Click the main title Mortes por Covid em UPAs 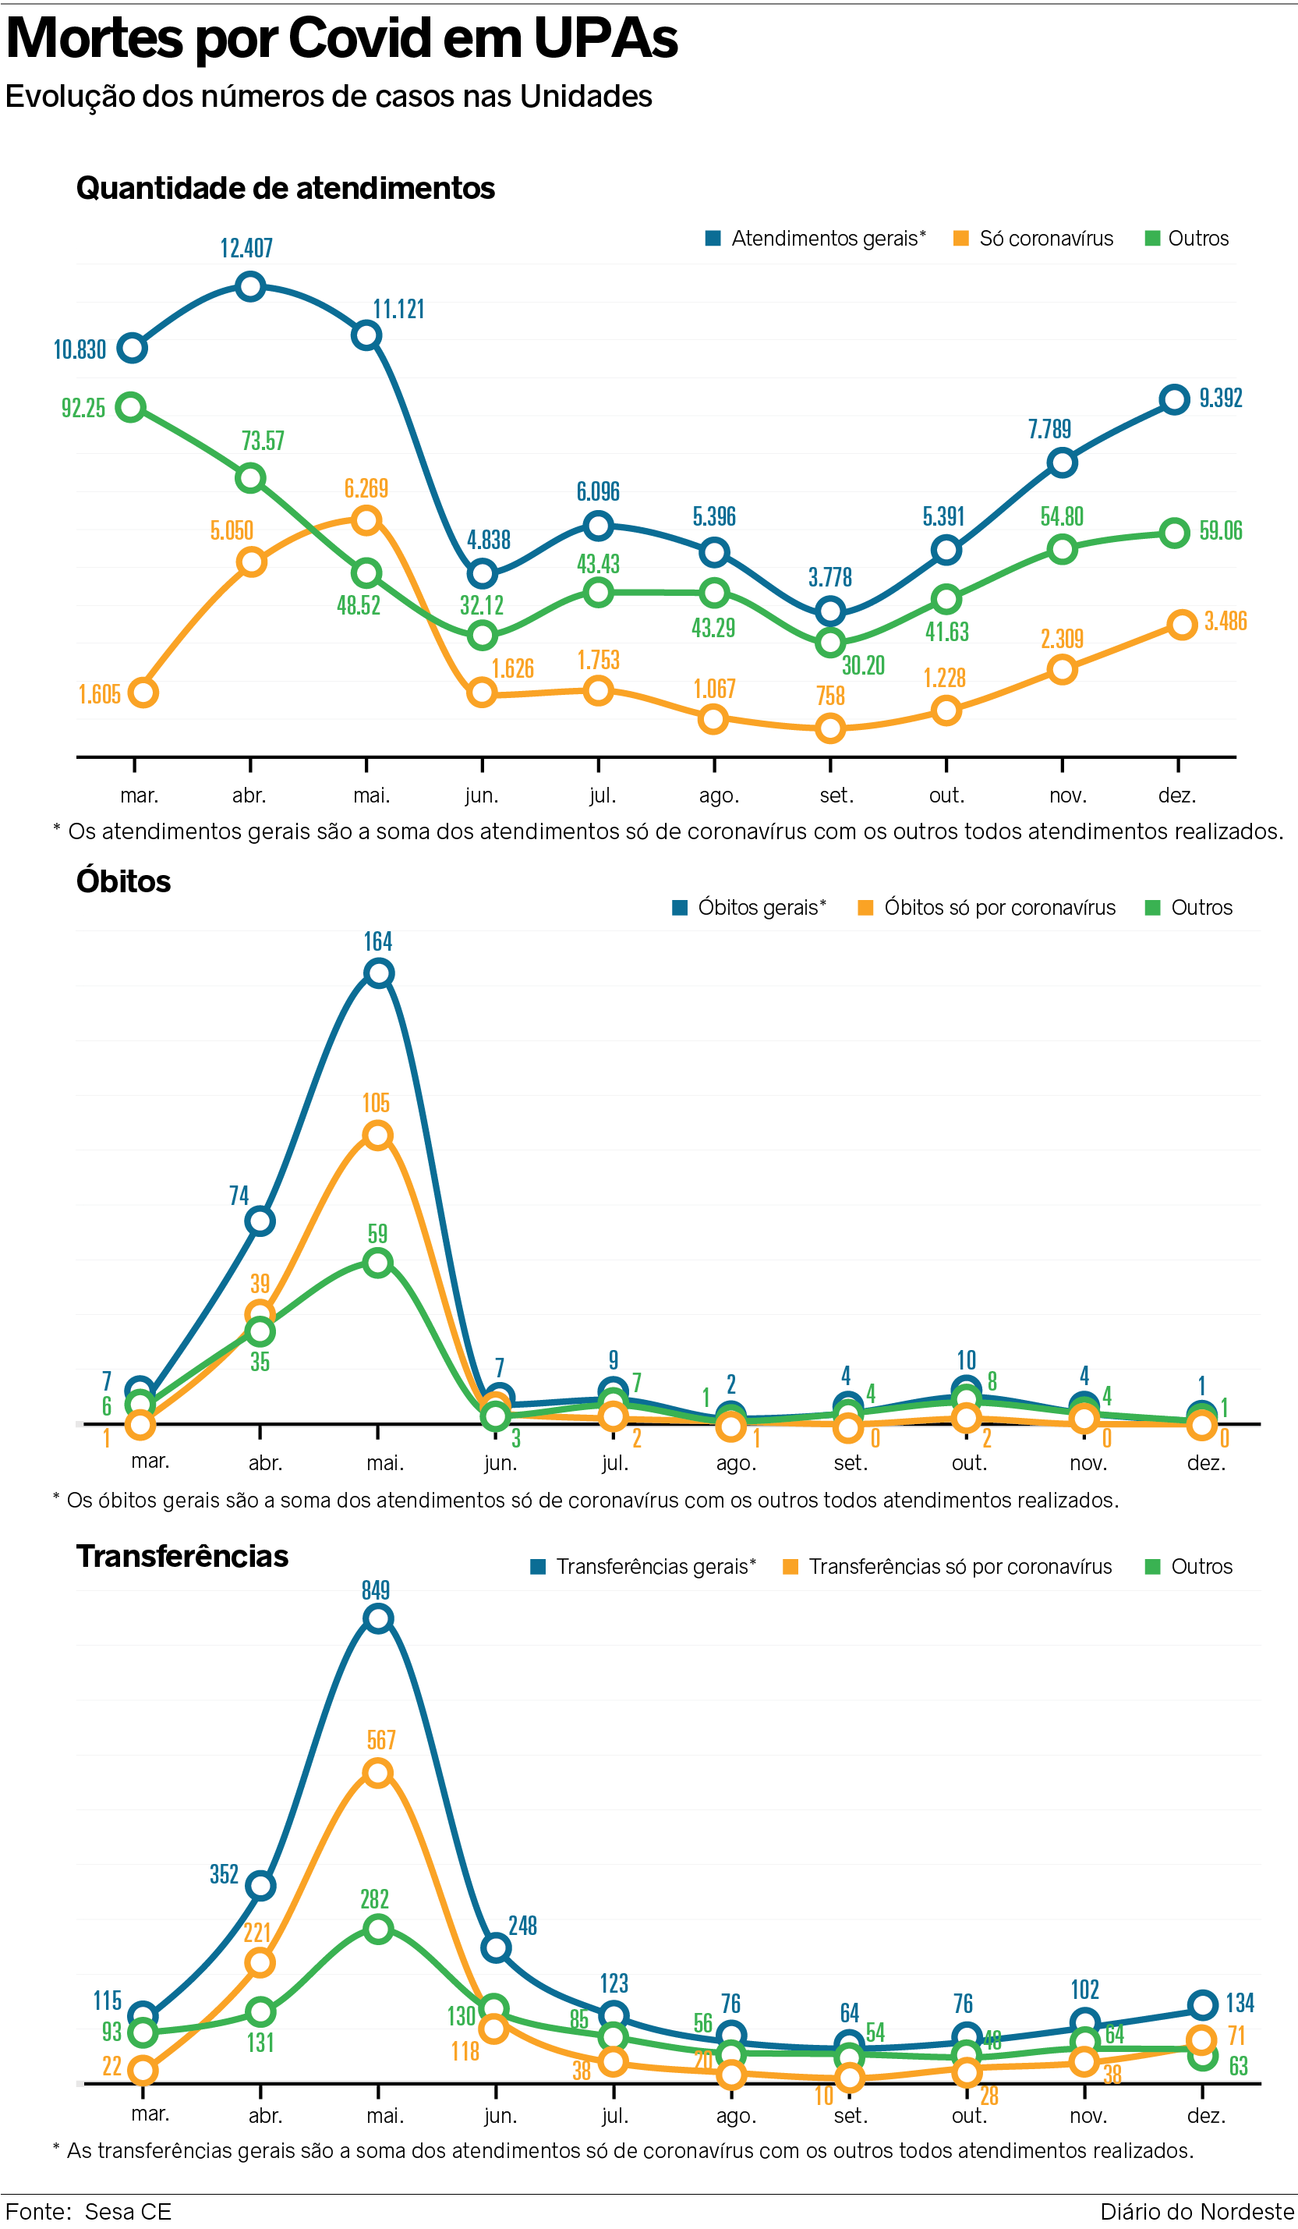[341, 39]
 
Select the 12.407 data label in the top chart [246, 249]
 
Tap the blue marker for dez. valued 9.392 [1174, 399]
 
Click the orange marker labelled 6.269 [366, 520]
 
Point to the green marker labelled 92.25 [132, 408]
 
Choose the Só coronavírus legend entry [1034, 239]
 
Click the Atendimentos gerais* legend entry [815, 239]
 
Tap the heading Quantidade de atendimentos [285, 189]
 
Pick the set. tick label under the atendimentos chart [836, 796]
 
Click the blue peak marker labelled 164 [378, 974]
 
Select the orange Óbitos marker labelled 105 [378, 1136]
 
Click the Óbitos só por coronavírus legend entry [987, 908]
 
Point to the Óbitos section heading [123, 881]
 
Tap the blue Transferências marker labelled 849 [378, 1620]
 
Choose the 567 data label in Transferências [381, 1740]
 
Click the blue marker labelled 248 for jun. [497, 1947]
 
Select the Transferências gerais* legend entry [643, 1567]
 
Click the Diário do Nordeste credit [1197, 2212]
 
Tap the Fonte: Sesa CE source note [88, 2212]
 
